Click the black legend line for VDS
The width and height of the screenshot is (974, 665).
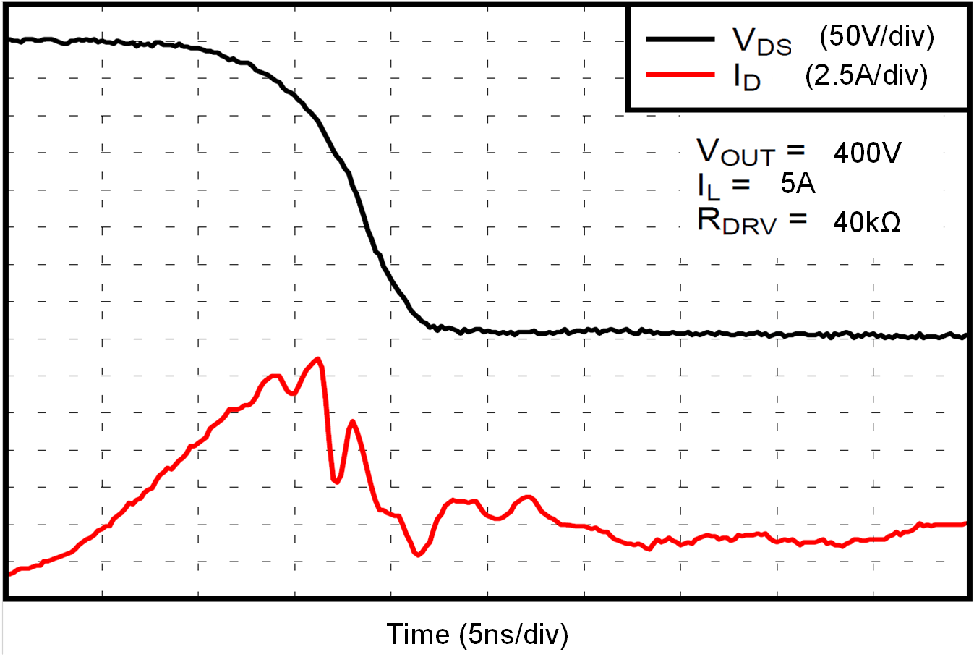[680, 38]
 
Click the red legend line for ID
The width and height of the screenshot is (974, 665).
[680, 74]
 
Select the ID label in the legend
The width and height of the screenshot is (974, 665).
[747, 77]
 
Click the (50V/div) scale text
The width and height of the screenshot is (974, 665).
[876, 36]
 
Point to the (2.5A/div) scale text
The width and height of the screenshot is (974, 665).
[866, 75]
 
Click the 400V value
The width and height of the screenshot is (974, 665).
[868, 153]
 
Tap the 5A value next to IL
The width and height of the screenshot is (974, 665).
[798, 184]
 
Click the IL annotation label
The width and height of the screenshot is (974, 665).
[709, 186]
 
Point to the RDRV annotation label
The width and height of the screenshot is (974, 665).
[737, 221]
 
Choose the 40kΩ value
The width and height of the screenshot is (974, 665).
[867, 222]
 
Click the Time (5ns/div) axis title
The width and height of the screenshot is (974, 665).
[477, 634]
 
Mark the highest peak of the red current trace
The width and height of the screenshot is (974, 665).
[317, 359]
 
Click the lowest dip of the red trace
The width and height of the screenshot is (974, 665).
[418, 555]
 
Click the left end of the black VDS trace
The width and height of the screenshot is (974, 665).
[9, 41]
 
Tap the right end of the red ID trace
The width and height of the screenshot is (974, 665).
[965, 523]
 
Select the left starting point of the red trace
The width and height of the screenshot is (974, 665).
[9, 574]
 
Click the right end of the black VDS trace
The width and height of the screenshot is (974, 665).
[965, 336]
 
